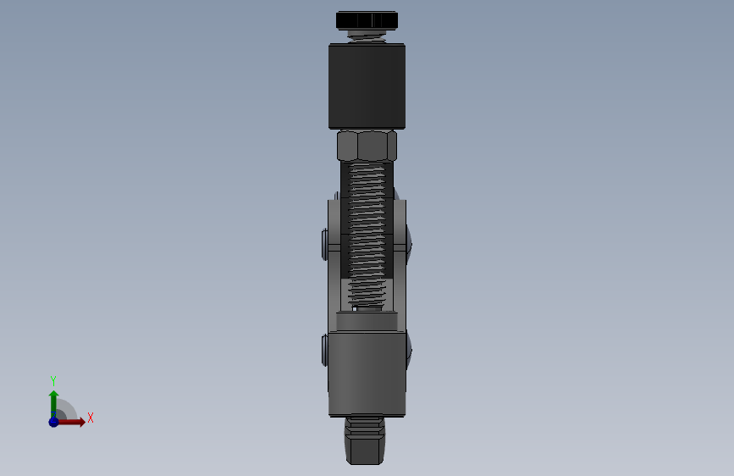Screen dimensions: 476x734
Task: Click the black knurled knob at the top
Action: click(367, 19)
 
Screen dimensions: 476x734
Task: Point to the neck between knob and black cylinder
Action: click(367, 36)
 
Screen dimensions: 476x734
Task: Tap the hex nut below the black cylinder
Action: click(367, 146)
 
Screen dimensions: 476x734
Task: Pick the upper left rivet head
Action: click(326, 245)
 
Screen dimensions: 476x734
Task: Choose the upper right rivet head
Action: click(410, 241)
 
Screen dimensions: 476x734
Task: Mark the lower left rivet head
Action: click(326, 349)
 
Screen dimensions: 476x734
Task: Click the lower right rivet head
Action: click(410, 347)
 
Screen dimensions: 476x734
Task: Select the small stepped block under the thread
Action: click(367, 321)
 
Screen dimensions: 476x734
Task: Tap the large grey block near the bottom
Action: click(367, 373)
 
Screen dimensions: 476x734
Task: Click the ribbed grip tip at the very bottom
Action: click(367, 440)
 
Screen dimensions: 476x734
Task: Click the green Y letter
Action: click(52, 381)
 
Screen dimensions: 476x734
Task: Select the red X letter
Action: click(90, 418)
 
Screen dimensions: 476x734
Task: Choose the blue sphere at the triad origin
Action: click(53, 421)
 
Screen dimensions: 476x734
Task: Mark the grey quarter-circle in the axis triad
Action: click(66, 411)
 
